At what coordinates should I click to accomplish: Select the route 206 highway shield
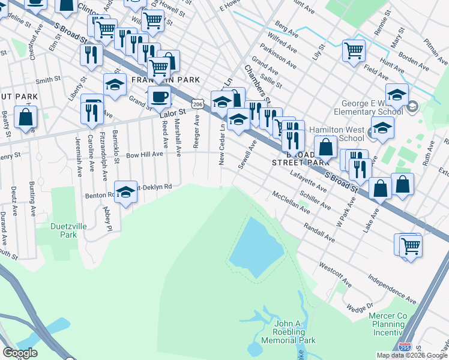196,105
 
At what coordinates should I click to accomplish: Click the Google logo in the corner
20,353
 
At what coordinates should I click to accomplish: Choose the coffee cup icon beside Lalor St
160,97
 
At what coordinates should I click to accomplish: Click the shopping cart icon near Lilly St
354,50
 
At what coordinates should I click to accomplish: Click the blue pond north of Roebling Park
258,246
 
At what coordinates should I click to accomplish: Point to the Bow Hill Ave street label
144,154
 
